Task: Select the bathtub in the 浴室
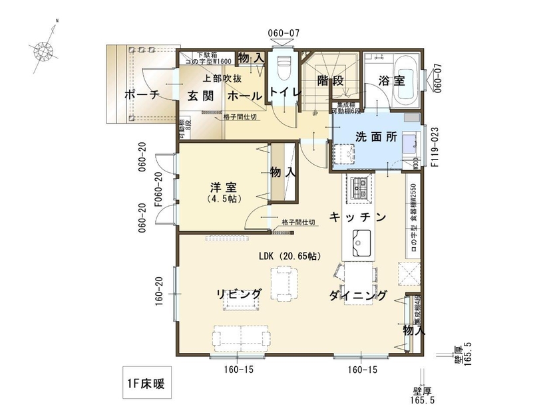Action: click(406, 80)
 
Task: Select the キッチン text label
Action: click(357, 216)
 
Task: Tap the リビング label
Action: click(238, 294)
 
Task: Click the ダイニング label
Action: click(357, 296)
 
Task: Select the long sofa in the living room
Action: click(240, 336)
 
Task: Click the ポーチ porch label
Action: click(142, 95)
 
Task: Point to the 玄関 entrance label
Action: click(200, 96)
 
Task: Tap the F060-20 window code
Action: click(158, 190)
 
